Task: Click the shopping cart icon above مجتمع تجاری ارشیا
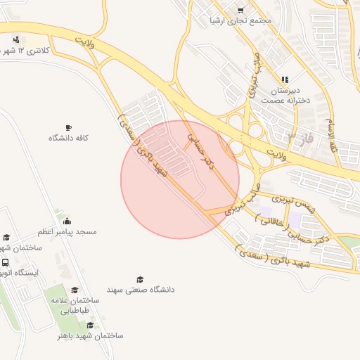[241, 10]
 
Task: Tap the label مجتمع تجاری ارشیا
[240, 20]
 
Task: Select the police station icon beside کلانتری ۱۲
[15, 39]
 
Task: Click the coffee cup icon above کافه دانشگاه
[67, 127]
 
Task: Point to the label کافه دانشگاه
[67, 138]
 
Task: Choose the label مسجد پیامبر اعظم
[67, 231]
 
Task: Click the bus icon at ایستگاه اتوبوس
[6, 262]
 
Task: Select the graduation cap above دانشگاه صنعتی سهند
[140, 279]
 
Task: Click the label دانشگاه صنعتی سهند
[141, 289]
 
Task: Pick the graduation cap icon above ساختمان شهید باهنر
[89, 325]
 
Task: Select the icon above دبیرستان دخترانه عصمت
[285, 79]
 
